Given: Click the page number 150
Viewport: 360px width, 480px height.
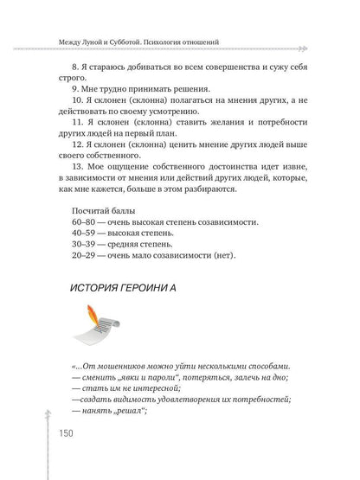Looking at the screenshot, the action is coord(72,433).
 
